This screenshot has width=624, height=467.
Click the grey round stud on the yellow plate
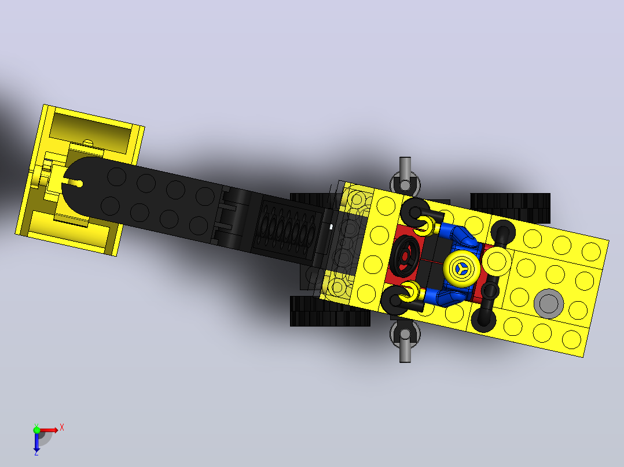pos(548,303)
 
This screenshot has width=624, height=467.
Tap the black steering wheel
pos(405,256)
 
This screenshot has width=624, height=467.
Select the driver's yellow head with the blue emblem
pos(462,269)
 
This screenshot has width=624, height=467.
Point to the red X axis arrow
pos(49,430)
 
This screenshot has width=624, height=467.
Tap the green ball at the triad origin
pos(36,430)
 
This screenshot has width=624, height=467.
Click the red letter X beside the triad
pos(62,428)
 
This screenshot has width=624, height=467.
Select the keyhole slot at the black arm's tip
pos(73,183)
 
